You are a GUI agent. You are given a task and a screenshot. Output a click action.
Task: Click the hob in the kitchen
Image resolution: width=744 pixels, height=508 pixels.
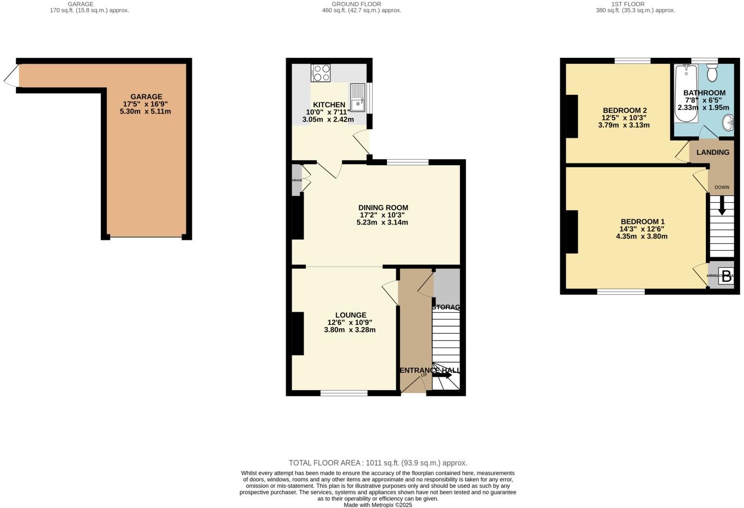point(320,73)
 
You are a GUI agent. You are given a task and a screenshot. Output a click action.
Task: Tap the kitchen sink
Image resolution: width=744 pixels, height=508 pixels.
point(358,96)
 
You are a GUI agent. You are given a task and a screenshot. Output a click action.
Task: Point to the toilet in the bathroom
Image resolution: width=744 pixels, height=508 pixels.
point(712,73)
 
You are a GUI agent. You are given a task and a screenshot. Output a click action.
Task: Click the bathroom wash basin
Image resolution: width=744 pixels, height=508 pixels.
point(728,125)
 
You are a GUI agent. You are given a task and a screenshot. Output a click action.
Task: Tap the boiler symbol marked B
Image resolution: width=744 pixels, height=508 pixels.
point(726,275)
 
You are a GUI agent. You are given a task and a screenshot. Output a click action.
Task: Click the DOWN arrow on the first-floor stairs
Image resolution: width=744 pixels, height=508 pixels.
point(722,205)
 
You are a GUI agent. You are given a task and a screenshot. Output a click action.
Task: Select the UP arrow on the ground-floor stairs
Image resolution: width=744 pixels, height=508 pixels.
point(442,375)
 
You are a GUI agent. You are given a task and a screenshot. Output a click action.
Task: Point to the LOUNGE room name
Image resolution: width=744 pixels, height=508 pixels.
point(350,315)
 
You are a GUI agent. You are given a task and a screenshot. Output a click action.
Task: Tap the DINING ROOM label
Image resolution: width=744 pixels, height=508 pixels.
point(383,208)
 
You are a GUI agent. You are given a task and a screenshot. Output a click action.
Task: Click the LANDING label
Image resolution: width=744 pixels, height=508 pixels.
point(712,153)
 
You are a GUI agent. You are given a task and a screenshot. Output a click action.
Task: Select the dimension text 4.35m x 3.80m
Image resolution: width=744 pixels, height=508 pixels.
point(642,237)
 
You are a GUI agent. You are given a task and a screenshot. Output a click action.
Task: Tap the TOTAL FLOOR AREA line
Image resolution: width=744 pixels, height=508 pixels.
point(378,463)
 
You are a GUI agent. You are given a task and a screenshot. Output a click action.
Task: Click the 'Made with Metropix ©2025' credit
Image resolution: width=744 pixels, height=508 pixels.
point(378,505)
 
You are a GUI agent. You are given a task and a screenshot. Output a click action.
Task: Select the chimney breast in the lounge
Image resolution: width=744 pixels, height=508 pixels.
point(298,333)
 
